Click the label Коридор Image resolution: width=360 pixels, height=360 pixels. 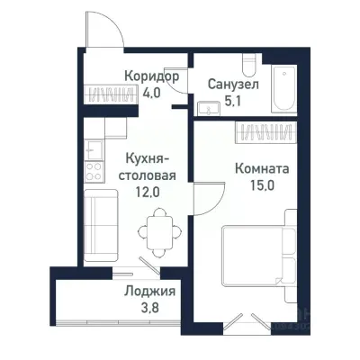(x=151, y=76)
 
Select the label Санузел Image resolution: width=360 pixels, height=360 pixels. (x=231, y=83)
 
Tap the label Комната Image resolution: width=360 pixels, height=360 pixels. (x=260, y=167)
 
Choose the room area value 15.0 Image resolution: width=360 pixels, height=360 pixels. (x=262, y=186)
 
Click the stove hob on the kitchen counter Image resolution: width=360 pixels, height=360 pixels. (x=93, y=168)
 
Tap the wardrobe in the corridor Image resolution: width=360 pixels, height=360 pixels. (x=109, y=93)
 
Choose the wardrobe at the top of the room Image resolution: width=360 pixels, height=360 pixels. (x=262, y=132)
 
